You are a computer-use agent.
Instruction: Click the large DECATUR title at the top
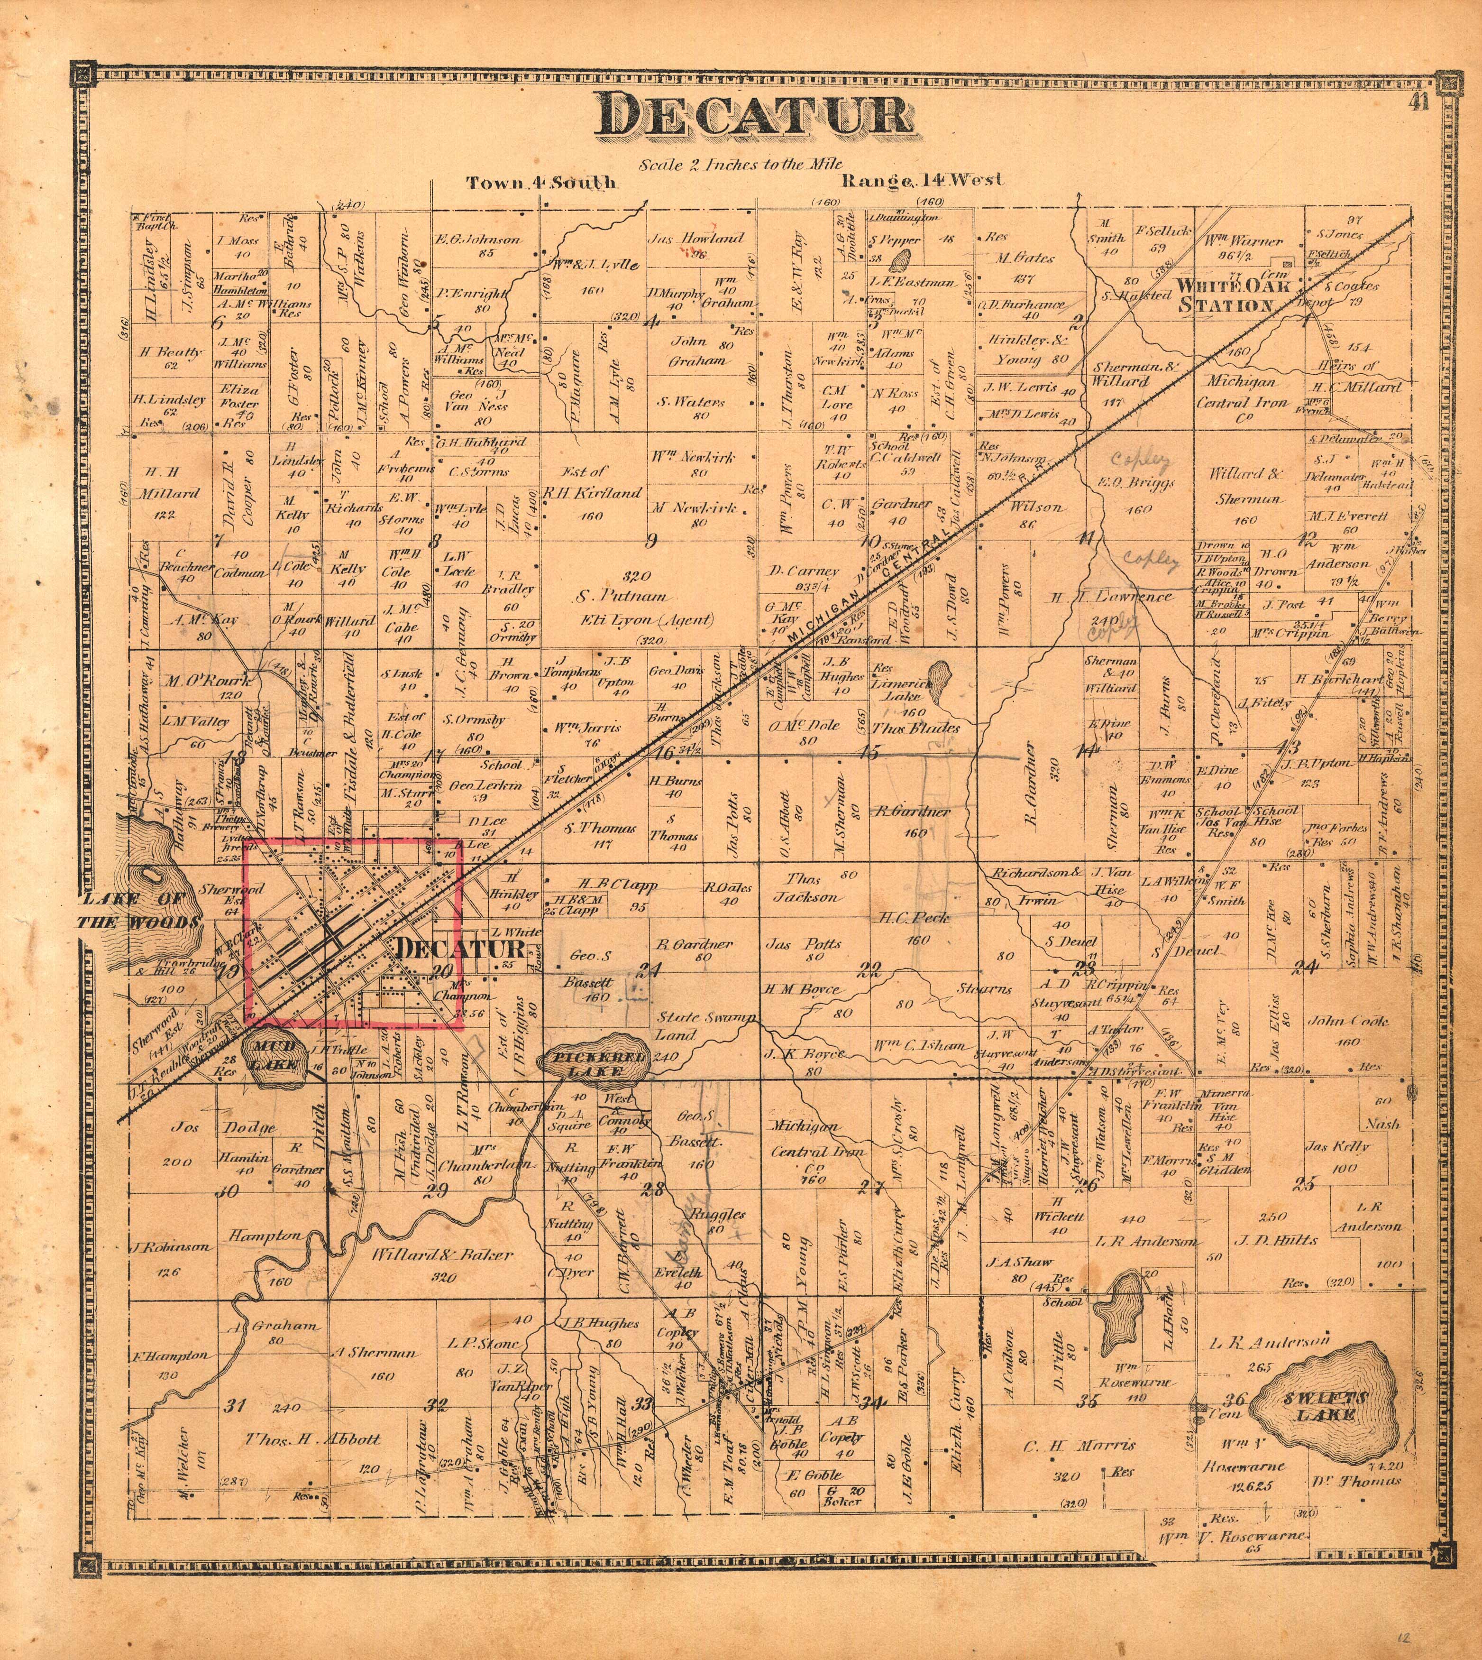tap(753, 115)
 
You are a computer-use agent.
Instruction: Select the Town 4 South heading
tap(541, 183)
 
